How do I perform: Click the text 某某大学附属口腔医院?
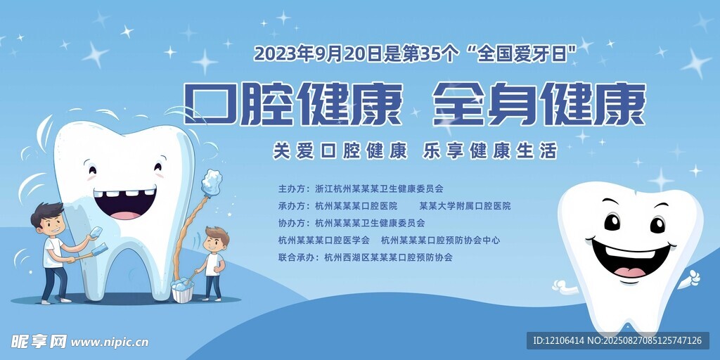click(465, 206)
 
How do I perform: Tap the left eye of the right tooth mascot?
click(612, 222)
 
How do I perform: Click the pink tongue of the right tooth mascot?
click(629, 271)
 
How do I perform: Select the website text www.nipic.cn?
click(109, 342)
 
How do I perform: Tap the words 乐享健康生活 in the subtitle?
click(489, 151)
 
